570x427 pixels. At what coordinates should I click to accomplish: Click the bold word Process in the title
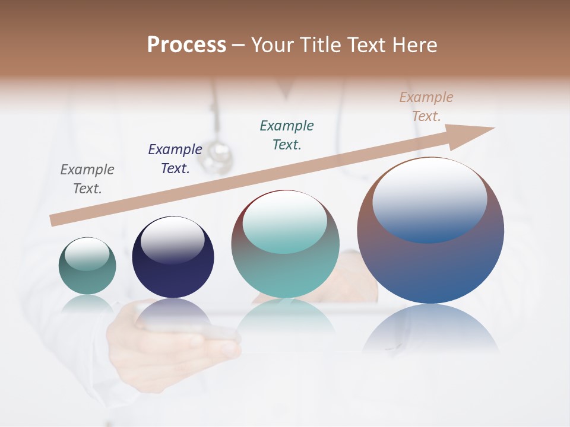coord(186,45)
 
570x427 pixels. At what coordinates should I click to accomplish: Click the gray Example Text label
coord(87,179)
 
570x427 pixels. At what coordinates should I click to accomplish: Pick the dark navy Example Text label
coord(175,159)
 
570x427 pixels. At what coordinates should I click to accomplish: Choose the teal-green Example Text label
coord(287,135)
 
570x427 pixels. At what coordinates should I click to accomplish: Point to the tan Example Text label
coord(426,107)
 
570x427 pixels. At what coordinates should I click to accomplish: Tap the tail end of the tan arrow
coord(55,220)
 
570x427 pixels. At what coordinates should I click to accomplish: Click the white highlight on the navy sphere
coord(173,240)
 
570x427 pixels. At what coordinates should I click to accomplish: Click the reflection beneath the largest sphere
coord(430,329)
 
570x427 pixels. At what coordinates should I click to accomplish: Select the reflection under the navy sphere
coord(173,314)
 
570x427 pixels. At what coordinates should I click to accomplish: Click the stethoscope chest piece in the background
coord(217,156)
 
